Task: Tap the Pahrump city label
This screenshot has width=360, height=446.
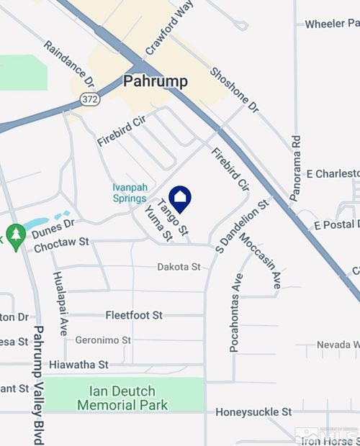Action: coord(156,81)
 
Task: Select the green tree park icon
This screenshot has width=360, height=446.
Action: coord(15,234)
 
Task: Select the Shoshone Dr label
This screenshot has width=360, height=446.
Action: coord(234,90)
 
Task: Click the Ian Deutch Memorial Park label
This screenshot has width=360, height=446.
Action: coord(122,399)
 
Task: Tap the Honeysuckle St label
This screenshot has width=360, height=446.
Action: coord(253,412)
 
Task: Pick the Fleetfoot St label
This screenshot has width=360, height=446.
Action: coord(135,315)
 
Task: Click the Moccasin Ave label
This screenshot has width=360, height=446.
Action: coord(260,261)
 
